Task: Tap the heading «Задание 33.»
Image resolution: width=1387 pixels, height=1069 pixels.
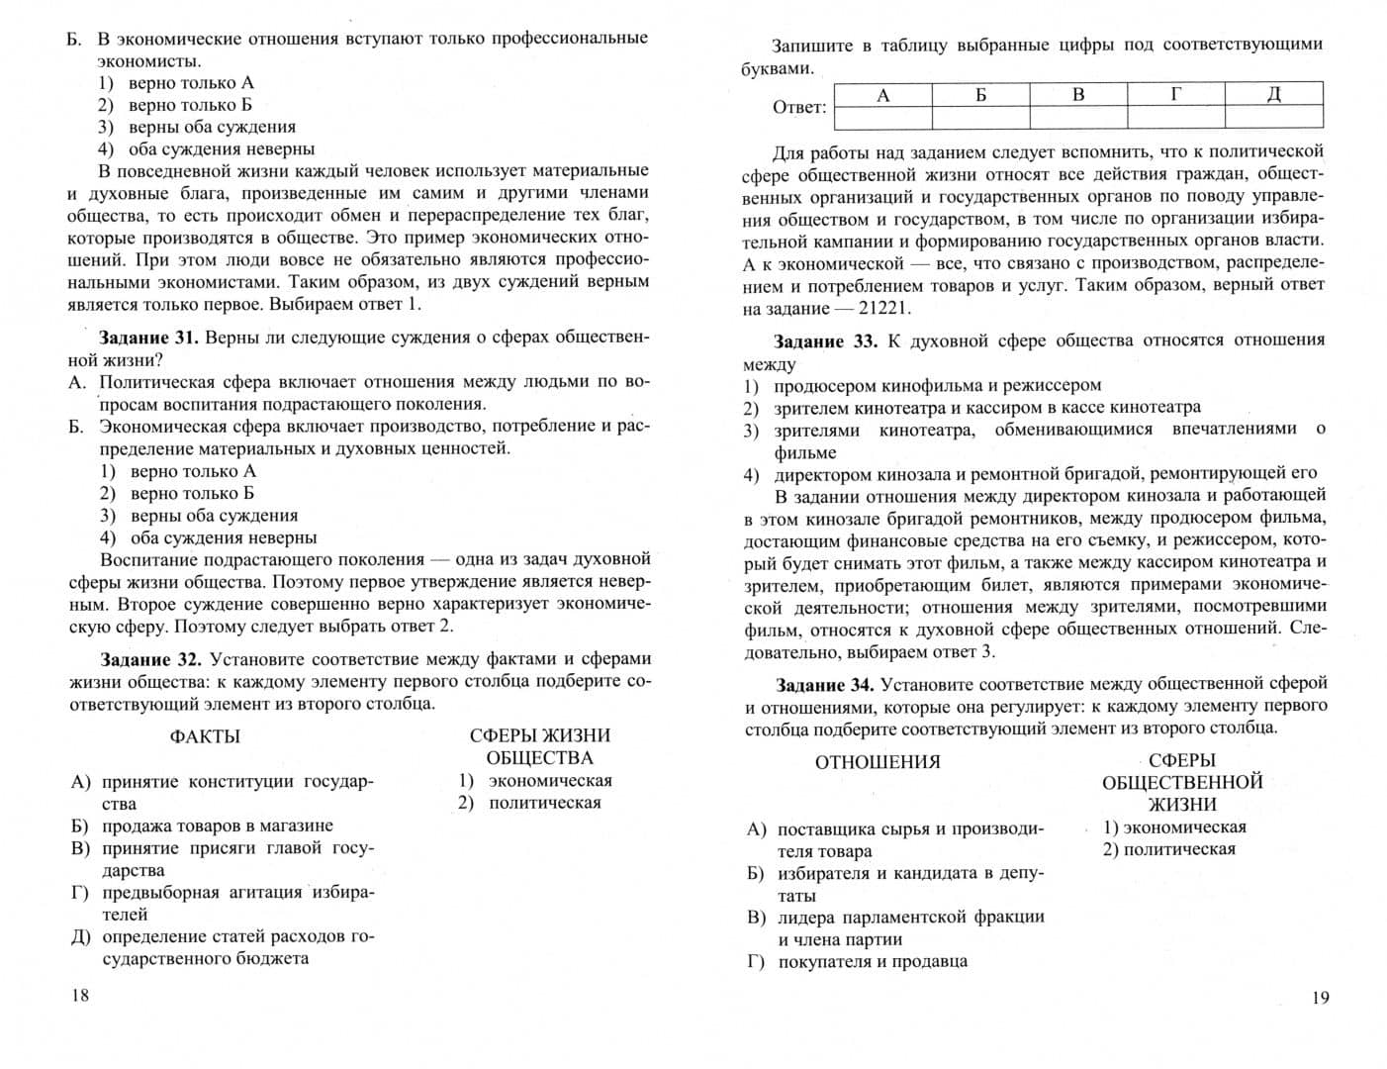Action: pyautogui.click(x=825, y=341)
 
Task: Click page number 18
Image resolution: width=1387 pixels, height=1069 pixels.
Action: pyautogui.click(x=80, y=995)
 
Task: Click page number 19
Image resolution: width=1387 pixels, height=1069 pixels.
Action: pyautogui.click(x=1321, y=998)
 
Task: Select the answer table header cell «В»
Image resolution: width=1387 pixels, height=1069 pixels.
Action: pyautogui.click(x=1078, y=95)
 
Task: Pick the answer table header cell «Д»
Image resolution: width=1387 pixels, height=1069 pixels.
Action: pyautogui.click(x=1274, y=95)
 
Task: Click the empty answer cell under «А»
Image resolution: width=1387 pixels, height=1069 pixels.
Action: pyautogui.click(x=883, y=118)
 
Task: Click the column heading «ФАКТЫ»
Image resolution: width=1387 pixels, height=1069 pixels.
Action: pyautogui.click(x=205, y=736)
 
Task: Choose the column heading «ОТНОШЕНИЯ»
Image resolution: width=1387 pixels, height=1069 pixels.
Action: pyautogui.click(x=878, y=762)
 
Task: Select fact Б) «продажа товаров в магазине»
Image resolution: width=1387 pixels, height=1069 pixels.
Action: pyautogui.click(x=217, y=826)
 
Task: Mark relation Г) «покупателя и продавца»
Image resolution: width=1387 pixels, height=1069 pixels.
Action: pyautogui.click(x=872, y=961)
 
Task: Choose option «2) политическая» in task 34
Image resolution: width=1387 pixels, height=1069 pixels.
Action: pyautogui.click(x=1169, y=849)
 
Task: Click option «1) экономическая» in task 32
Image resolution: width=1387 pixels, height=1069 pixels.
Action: pyautogui.click(x=535, y=781)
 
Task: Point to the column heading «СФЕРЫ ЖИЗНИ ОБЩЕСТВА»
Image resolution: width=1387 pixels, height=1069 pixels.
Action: pyautogui.click(x=539, y=746)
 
